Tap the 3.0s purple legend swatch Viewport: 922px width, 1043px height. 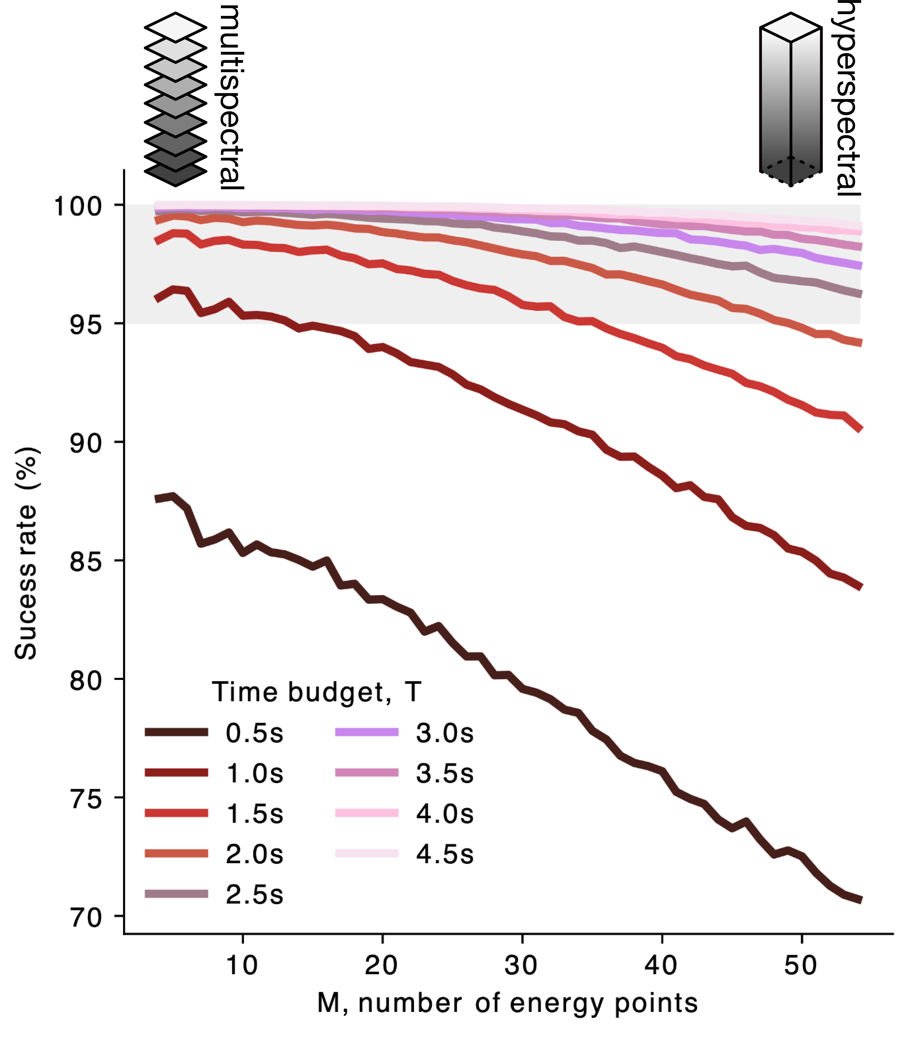pyautogui.click(x=366, y=733)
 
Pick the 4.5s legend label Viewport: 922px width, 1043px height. pyautogui.click(x=444, y=854)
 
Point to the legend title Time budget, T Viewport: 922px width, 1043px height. pyautogui.click(x=316, y=692)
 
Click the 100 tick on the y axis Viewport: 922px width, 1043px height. pyautogui.click(x=78, y=207)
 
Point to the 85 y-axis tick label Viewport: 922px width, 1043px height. pyautogui.click(x=86, y=561)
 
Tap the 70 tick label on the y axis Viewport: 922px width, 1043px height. pyautogui.click(x=86, y=917)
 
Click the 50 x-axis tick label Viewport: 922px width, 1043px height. pyautogui.click(x=801, y=965)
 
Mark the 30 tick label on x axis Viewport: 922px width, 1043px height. pyautogui.click(x=521, y=965)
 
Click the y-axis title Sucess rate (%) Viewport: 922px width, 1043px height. pyautogui.click(x=26, y=554)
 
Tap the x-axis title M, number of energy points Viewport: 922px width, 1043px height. pyautogui.click(x=507, y=1003)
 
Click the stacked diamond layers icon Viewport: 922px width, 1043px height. pyautogui.click(x=176, y=100)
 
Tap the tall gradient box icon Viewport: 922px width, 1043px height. pyautogui.click(x=790, y=100)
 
